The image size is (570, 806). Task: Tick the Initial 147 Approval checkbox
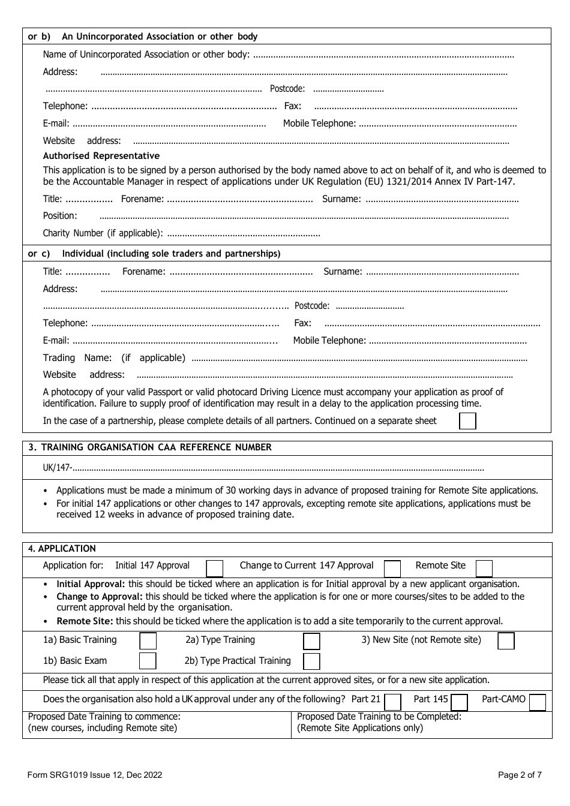pos(214,568)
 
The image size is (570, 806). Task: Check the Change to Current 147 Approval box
pos(392,568)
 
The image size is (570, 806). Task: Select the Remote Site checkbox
pos(484,568)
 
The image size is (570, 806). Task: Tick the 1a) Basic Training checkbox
pos(148,640)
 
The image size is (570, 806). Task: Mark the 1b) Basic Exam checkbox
pos(148,661)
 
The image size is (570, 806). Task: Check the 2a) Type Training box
pos(311,641)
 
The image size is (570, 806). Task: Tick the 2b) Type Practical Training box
pos(311,661)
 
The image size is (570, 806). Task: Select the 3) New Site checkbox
pos(506,640)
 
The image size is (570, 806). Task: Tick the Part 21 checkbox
pos(392,702)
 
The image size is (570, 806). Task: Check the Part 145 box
pos(459,702)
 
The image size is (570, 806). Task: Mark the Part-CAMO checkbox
pos(538,702)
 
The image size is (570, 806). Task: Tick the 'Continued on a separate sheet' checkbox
pos(467,421)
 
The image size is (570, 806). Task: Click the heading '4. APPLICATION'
pos(62,549)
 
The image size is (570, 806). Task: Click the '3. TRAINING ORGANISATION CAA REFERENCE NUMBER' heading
pos(150,447)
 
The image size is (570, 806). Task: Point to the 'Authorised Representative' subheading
pos(101,156)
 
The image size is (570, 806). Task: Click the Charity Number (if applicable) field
pos(243,233)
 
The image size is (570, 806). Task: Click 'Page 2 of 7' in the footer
pos(520,775)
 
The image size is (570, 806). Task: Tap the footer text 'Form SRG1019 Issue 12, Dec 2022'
pos(95,775)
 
